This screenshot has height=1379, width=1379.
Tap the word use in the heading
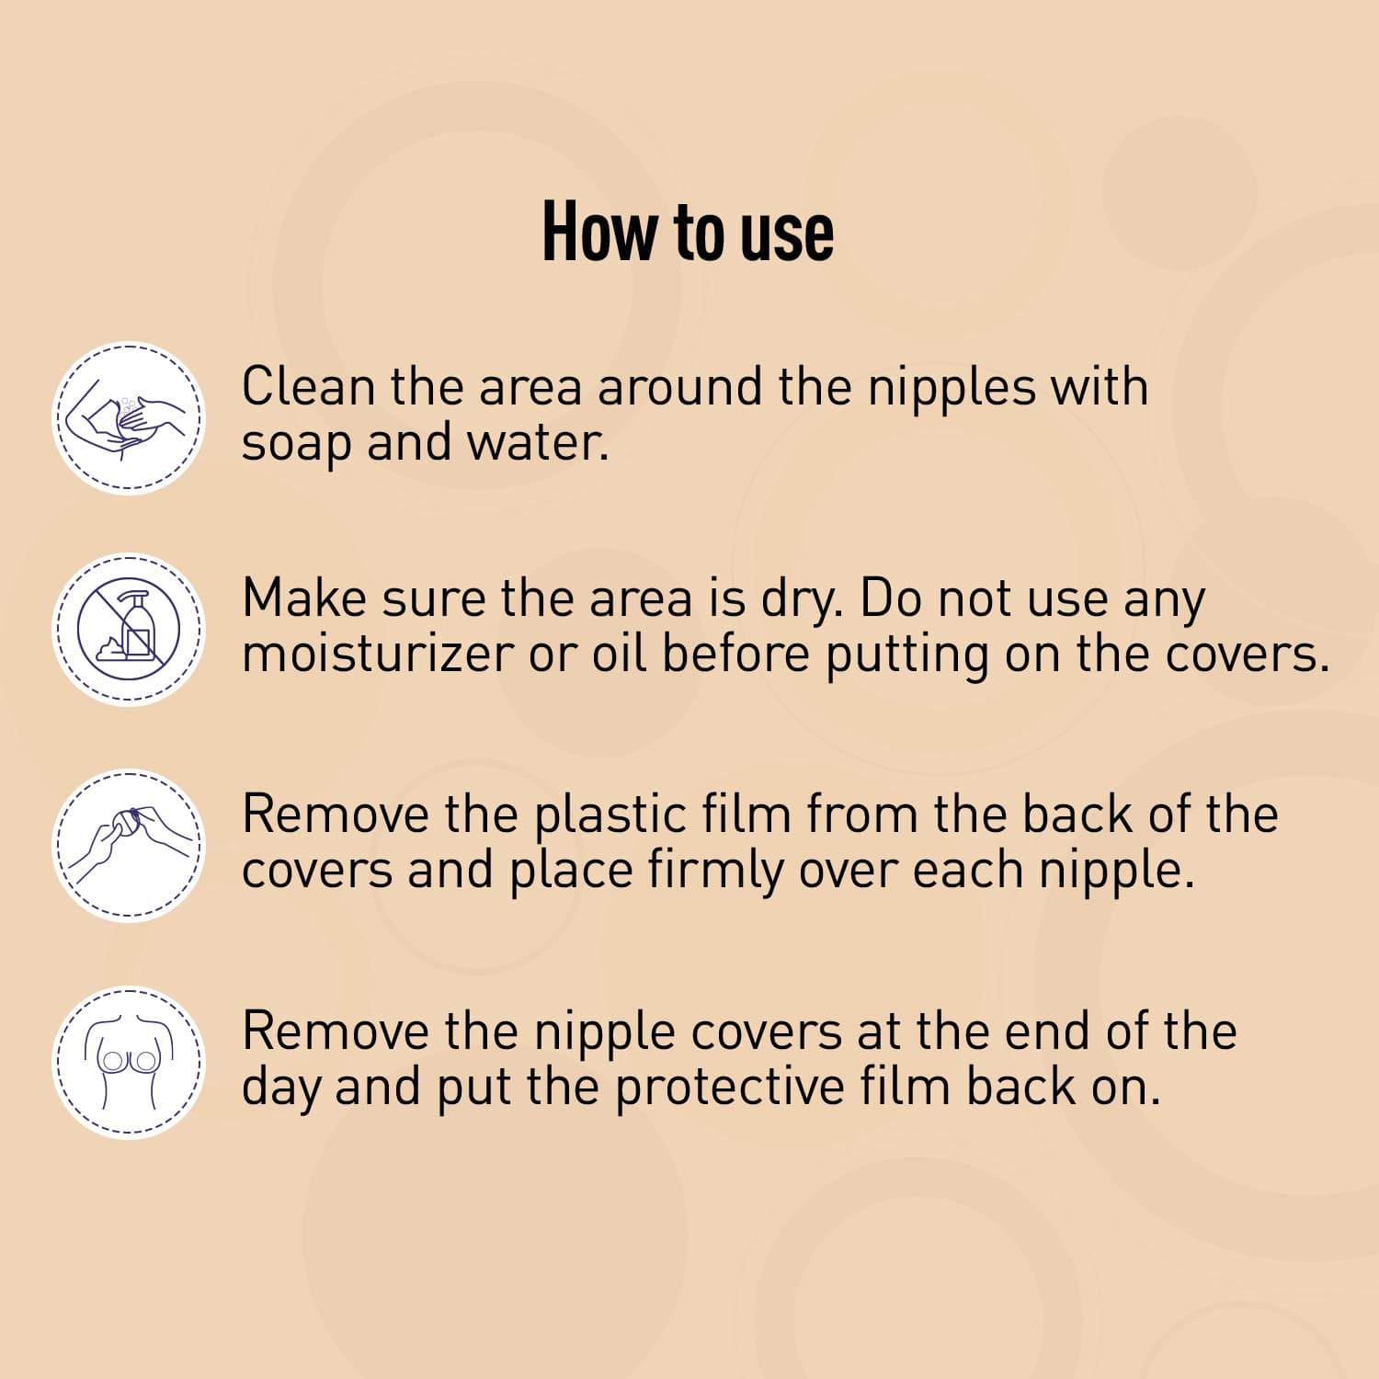pyautogui.click(x=787, y=234)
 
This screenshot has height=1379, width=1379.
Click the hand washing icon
pyautogui.click(x=129, y=419)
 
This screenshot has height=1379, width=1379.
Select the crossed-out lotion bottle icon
pyautogui.click(x=129, y=631)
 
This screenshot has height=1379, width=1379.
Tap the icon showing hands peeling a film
pyautogui.click(x=129, y=846)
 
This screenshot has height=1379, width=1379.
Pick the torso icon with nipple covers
pyautogui.click(x=129, y=1063)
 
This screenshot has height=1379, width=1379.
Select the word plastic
pyautogui.click(x=610, y=815)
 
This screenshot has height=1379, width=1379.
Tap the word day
pyautogui.click(x=280, y=1088)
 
